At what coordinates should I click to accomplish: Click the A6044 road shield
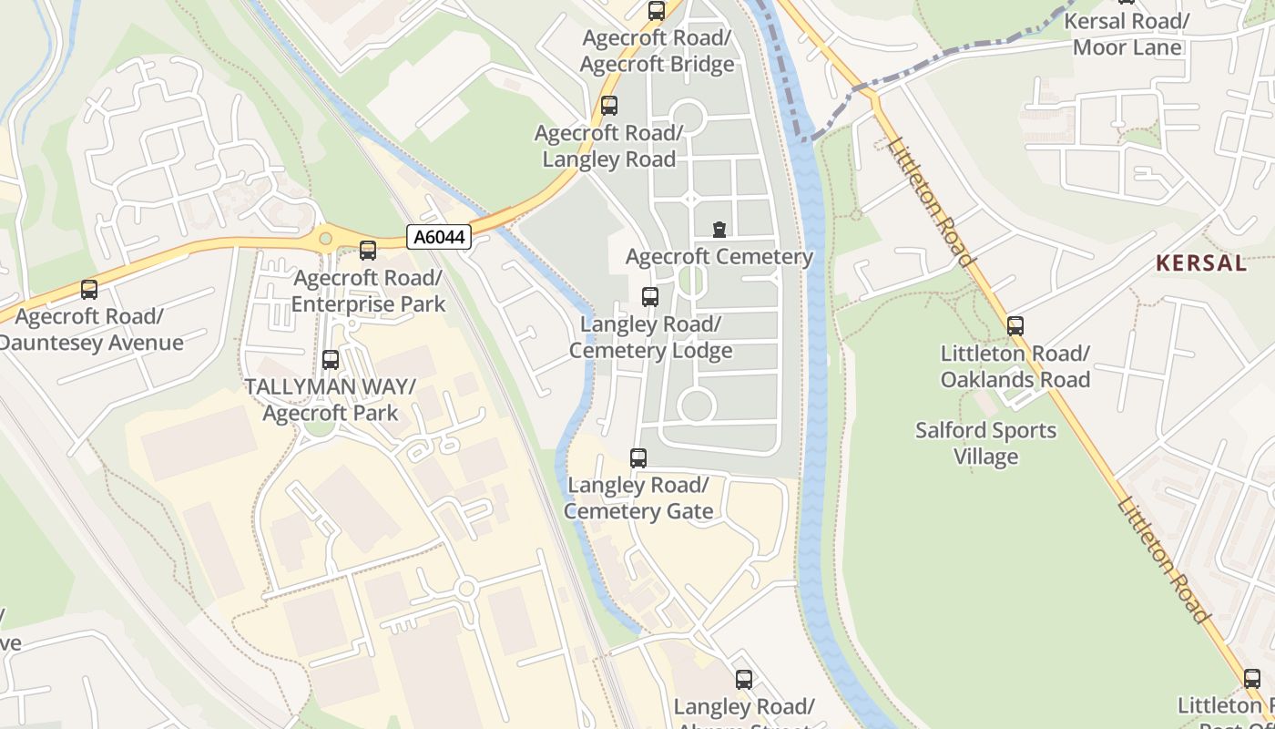coord(439,238)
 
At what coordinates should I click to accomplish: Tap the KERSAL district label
coord(1200,263)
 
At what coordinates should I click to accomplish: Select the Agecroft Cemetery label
coord(719,257)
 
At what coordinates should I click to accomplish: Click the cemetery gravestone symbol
coord(719,229)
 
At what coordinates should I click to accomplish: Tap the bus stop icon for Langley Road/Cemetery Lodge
coord(650,297)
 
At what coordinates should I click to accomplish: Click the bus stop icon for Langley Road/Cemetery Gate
coord(638,458)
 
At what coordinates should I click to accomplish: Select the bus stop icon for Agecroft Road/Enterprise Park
coord(368,251)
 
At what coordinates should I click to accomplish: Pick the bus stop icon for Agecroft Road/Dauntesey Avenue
coord(89,290)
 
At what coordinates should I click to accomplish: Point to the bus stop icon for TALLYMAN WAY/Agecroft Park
coord(331,360)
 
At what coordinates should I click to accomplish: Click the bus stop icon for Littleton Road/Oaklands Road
coord(1015,326)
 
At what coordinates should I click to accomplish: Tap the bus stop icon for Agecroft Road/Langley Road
coord(609,106)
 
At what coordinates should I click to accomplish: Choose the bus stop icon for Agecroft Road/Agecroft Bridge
coord(657,11)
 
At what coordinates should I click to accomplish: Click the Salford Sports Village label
coord(985,443)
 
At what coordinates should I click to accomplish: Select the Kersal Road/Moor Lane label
coord(1127,35)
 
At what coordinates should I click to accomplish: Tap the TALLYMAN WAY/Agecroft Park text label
coord(330,400)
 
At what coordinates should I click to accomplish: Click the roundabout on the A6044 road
coord(325,239)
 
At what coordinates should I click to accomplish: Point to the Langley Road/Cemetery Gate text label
coord(637,498)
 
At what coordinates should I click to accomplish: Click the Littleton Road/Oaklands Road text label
coord(1015,366)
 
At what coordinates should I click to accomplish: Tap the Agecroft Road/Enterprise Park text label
coord(368,291)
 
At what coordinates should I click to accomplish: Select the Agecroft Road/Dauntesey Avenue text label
coord(89,330)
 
